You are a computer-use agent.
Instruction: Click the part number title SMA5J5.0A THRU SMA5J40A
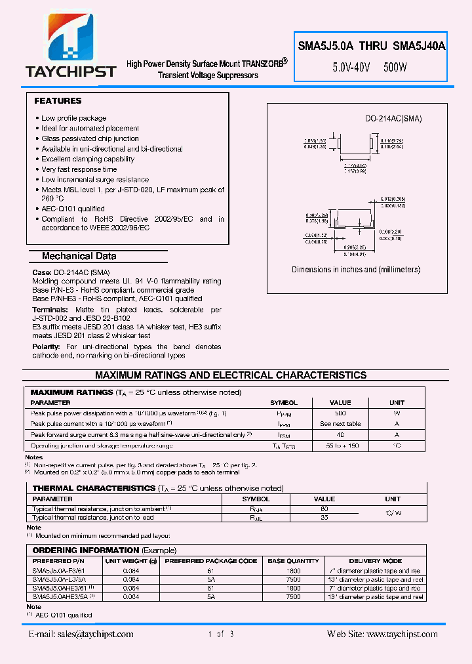tap(372, 46)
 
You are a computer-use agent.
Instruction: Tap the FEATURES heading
tap(58, 101)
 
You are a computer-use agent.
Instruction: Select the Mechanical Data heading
tap(79, 256)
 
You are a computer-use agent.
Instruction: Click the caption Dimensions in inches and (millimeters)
tap(356, 270)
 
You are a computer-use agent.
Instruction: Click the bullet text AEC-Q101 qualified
tap(73, 209)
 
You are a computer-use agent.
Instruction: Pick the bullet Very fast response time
tap(79, 169)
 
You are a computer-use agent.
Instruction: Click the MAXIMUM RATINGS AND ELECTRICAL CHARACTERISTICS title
tap(231, 375)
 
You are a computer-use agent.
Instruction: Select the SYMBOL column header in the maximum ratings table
tap(284, 403)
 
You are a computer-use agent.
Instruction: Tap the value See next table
tap(340, 424)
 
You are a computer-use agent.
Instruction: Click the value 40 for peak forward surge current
tap(340, 434)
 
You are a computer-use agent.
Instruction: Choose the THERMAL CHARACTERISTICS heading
tap(94, 488)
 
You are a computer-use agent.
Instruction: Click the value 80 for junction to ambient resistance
tap(324, 508)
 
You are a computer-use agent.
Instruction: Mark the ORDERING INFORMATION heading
tap(86, 550)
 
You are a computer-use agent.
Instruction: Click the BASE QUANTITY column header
tap(293, 561)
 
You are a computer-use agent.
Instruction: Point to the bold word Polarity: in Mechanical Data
tap(47, 346)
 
